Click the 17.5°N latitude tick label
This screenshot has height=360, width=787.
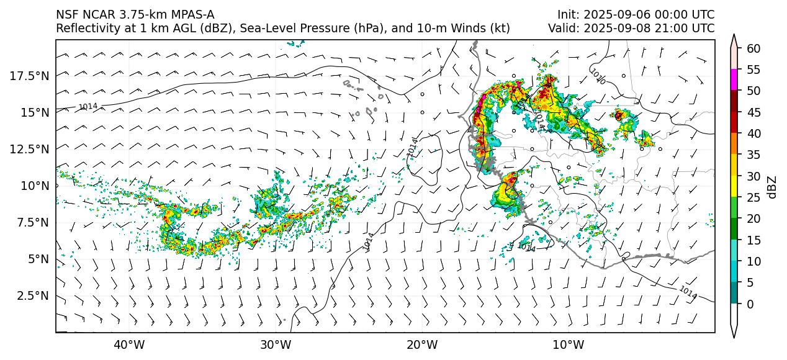tap(32, 76)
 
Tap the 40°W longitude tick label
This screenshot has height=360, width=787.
tap(129, 345)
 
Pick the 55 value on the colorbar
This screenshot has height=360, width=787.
tap(753, 70)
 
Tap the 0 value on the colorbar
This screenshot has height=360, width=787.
tap(750, 304)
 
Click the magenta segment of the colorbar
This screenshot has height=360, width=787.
tap(734, 80)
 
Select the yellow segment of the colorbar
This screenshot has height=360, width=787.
tap(734, 186)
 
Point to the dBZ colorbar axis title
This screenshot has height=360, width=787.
tap(772, 187)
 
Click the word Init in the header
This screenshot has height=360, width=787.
tap(567, 14)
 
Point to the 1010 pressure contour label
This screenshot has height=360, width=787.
tap(597, 76)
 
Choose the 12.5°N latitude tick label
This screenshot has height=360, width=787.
tap(32, 149)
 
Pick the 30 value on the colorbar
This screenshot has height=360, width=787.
tap(753, 176)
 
